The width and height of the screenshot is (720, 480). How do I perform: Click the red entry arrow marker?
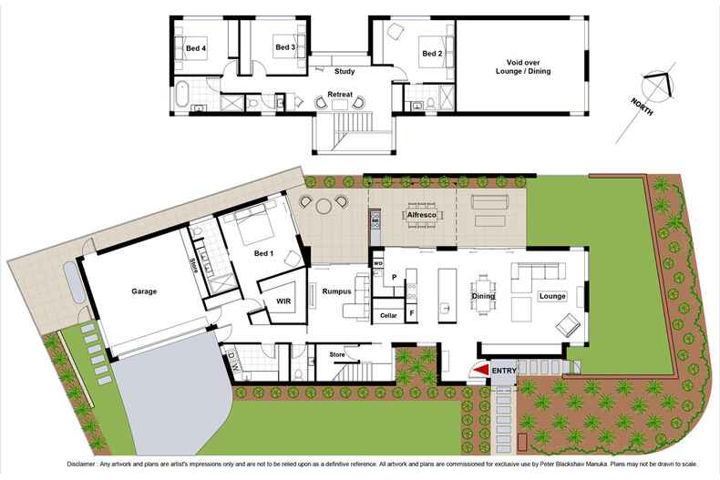479,371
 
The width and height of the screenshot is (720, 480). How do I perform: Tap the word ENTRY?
504,371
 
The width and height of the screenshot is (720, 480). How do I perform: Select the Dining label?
483,296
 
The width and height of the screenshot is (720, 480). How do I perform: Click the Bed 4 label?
196,47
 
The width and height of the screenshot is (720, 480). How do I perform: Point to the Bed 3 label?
285,47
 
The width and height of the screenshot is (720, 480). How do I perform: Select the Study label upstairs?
345,70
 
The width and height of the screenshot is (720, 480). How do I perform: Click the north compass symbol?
655,88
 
